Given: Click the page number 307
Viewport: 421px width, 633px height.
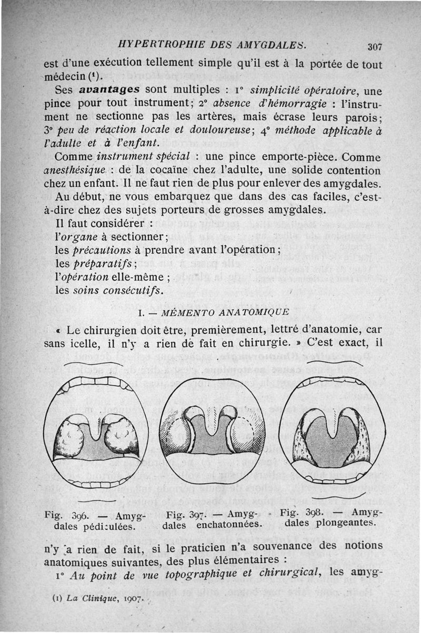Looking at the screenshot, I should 375,47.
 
